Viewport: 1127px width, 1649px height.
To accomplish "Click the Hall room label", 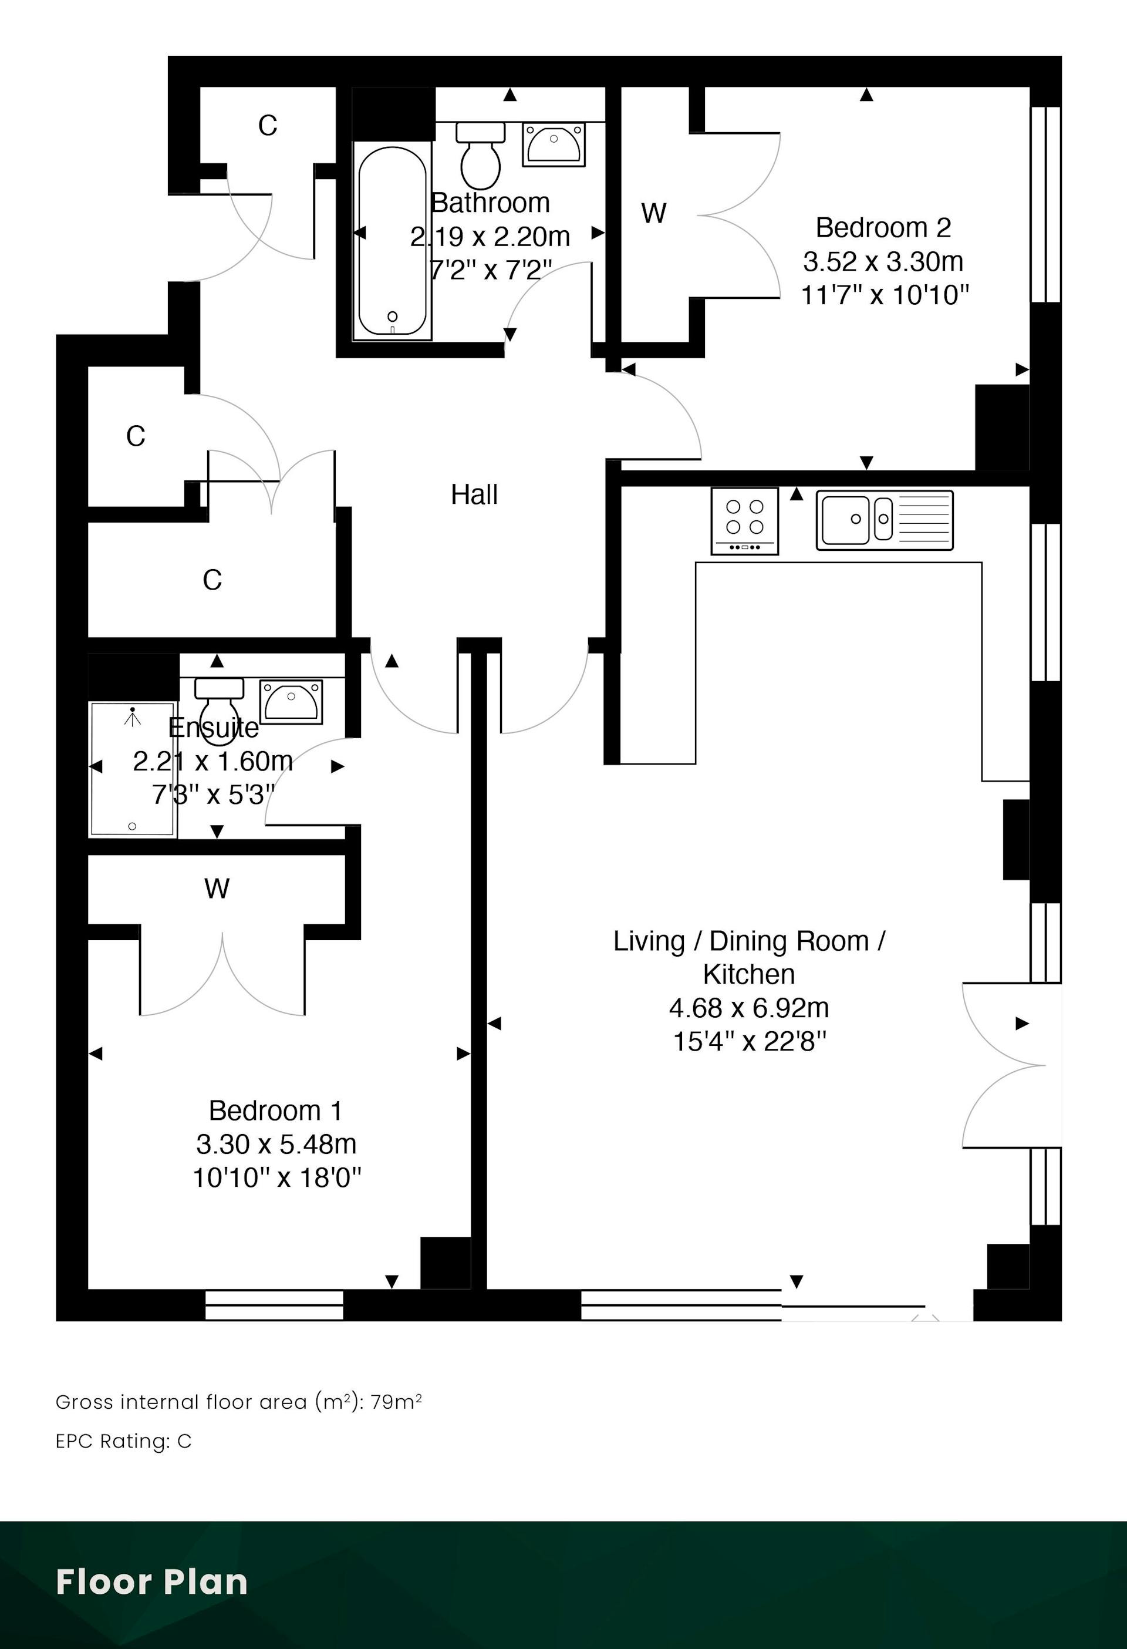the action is [474, 494].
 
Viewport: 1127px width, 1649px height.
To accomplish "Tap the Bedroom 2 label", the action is [883, 228].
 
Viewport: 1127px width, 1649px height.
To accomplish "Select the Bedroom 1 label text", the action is [276, 1110].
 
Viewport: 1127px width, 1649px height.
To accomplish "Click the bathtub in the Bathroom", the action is [392, 241].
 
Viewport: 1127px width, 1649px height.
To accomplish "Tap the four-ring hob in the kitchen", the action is [745, 521].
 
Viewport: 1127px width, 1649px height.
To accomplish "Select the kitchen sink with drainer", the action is [885, 520].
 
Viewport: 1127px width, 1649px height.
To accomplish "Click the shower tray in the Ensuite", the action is [133, 769].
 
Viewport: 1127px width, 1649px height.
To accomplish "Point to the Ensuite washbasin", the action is [291, 702].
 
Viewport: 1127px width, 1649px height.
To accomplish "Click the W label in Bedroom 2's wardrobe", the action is [654, 213].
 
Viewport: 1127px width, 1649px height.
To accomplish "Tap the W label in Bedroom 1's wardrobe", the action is [217, 889].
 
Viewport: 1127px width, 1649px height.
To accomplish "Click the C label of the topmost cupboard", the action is [268, 126].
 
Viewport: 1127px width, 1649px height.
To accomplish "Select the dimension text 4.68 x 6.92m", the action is [749, 1008].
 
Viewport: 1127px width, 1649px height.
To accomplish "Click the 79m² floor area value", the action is [396, 1401].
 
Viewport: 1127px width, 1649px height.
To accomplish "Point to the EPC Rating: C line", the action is [124, 1441].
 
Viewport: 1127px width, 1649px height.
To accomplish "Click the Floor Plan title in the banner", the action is [152, 1581].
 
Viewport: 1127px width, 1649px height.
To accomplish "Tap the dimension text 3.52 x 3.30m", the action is [883, 261].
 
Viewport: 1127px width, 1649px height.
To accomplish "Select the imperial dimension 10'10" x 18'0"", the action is [276, 1179].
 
